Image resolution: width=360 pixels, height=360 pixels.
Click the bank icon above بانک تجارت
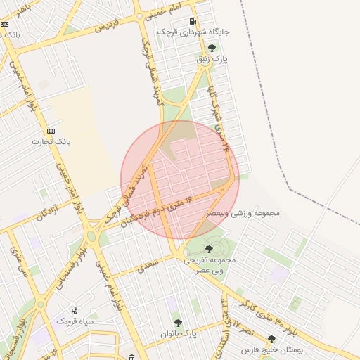coord(51,131)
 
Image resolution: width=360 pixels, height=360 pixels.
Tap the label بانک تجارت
coord(47,141)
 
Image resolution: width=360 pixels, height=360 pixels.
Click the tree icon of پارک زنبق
coord(212,48)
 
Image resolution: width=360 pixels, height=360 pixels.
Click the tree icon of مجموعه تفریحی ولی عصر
coord(208,248)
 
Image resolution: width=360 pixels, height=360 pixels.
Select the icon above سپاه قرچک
coord(75,310)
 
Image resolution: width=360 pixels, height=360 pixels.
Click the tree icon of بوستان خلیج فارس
coord(271,339)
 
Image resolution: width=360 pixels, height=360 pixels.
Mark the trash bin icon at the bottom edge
coord(131,357)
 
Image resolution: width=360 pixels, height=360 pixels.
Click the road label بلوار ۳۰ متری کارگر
coord(285,314)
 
